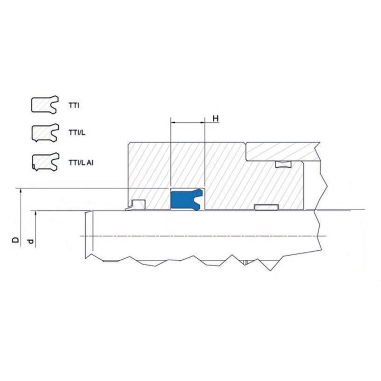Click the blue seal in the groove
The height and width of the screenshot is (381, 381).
(184, 199)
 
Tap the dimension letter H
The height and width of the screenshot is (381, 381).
(215, 119)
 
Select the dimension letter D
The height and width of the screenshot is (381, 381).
(15, 240)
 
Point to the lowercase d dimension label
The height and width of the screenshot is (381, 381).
(30, 241)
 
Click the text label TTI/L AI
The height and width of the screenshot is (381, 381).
(81, 162)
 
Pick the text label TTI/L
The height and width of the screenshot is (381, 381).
(77, 133)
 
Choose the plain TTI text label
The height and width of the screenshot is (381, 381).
(74, 106)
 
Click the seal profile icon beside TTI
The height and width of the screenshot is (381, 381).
(45, 104)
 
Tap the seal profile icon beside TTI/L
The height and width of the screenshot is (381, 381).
(45, 133)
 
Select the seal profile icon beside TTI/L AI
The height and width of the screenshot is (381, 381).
(46, 162)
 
